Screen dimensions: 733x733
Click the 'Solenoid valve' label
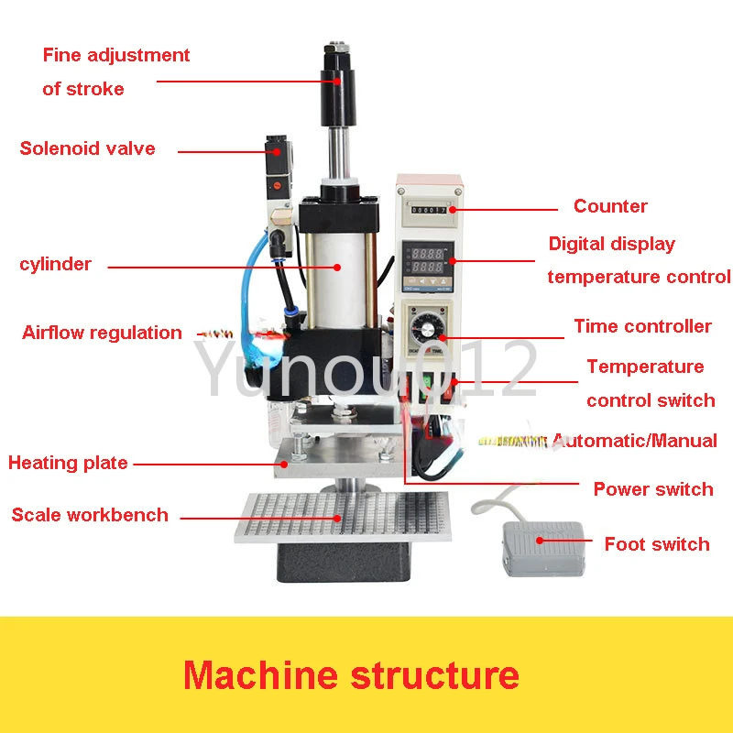88,148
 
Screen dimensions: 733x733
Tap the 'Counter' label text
610,206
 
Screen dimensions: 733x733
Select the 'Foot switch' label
656,544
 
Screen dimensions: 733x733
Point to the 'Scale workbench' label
90,515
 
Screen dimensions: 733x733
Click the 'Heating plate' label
68,463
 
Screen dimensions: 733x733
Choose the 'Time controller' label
642,326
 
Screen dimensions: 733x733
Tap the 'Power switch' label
652,489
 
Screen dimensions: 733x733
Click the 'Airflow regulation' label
102,333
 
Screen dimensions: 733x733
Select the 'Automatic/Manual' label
636,441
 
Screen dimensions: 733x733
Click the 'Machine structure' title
351,675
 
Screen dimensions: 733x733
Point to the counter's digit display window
429,210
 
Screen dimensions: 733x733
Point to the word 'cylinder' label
56,265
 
